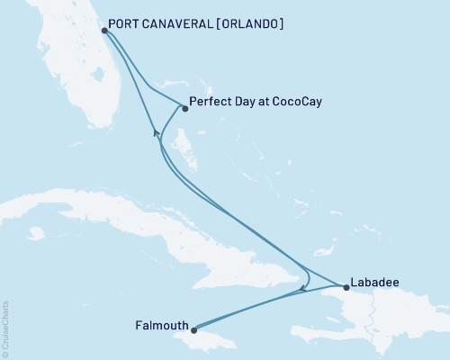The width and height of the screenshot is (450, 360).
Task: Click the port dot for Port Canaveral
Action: (104, 30)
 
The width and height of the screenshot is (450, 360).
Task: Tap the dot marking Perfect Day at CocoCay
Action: (184, 109)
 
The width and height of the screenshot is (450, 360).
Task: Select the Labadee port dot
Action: (346, 288)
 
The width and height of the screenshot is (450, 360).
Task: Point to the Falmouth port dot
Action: (193, 330)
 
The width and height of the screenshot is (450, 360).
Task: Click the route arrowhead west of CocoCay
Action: (157, 133)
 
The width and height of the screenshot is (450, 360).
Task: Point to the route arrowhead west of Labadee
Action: (303, 288)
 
